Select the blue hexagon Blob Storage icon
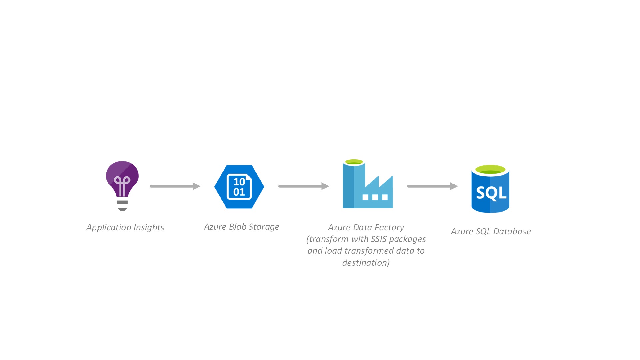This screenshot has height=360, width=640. [x=239, y=187]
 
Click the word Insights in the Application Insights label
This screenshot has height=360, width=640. [x=149, y=227]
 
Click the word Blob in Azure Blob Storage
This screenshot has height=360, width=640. [x=238, y=227]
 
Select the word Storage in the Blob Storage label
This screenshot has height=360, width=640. [x=264, y=227]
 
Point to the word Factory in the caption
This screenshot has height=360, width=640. [x=389, y=227]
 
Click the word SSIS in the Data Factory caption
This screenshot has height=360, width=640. [x=378, y=239]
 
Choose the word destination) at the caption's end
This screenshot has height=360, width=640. [x=366, y=263]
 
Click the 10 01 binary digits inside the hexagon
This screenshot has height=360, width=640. [x=239, y=187]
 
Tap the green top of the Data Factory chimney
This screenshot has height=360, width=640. [x=354, y=162]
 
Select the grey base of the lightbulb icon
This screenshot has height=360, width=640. [x=122, y=205]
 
